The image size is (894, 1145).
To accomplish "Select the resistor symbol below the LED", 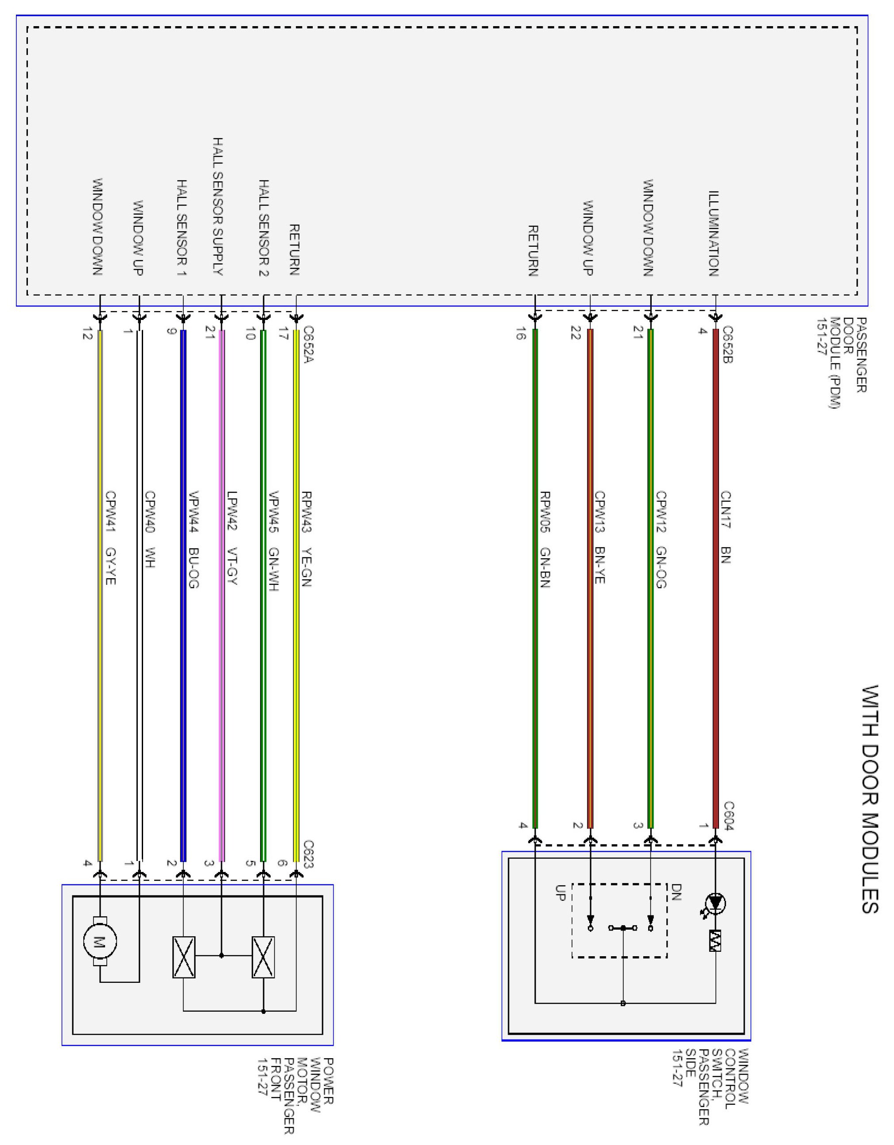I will coord(716,941).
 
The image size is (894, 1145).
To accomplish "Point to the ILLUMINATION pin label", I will coord(714,234).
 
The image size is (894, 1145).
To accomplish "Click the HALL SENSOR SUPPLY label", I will coord(218,206).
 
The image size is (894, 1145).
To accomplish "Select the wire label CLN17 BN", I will coord(726,527).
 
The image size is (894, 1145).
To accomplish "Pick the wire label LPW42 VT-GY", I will coord(232,538).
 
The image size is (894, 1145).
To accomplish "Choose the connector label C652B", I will coord(727,344).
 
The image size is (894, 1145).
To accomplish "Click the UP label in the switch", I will coord(560,893).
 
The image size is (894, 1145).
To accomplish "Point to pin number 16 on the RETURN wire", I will coord(521,334).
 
